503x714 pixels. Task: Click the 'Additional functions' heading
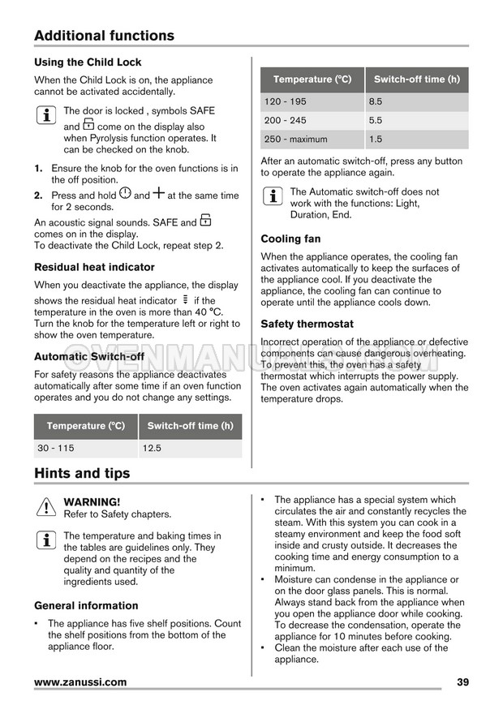104,36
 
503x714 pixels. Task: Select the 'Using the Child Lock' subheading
88,62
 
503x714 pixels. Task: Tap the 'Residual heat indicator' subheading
94,267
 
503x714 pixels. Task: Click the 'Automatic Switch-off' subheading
89,356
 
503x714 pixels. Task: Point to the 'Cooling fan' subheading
290,239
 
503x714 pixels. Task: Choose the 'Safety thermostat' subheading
307,324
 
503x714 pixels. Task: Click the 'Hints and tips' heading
82,473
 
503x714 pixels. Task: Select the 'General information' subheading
86,605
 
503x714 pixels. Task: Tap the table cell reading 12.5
151,448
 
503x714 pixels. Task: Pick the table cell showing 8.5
376,101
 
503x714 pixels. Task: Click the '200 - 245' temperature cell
285,120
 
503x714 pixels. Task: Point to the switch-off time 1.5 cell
376,139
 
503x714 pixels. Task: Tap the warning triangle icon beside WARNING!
45,507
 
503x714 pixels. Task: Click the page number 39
462,682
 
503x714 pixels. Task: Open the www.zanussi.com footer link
80,682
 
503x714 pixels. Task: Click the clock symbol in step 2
125,194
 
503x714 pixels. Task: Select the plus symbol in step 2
158,194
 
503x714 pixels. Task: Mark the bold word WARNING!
92,502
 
